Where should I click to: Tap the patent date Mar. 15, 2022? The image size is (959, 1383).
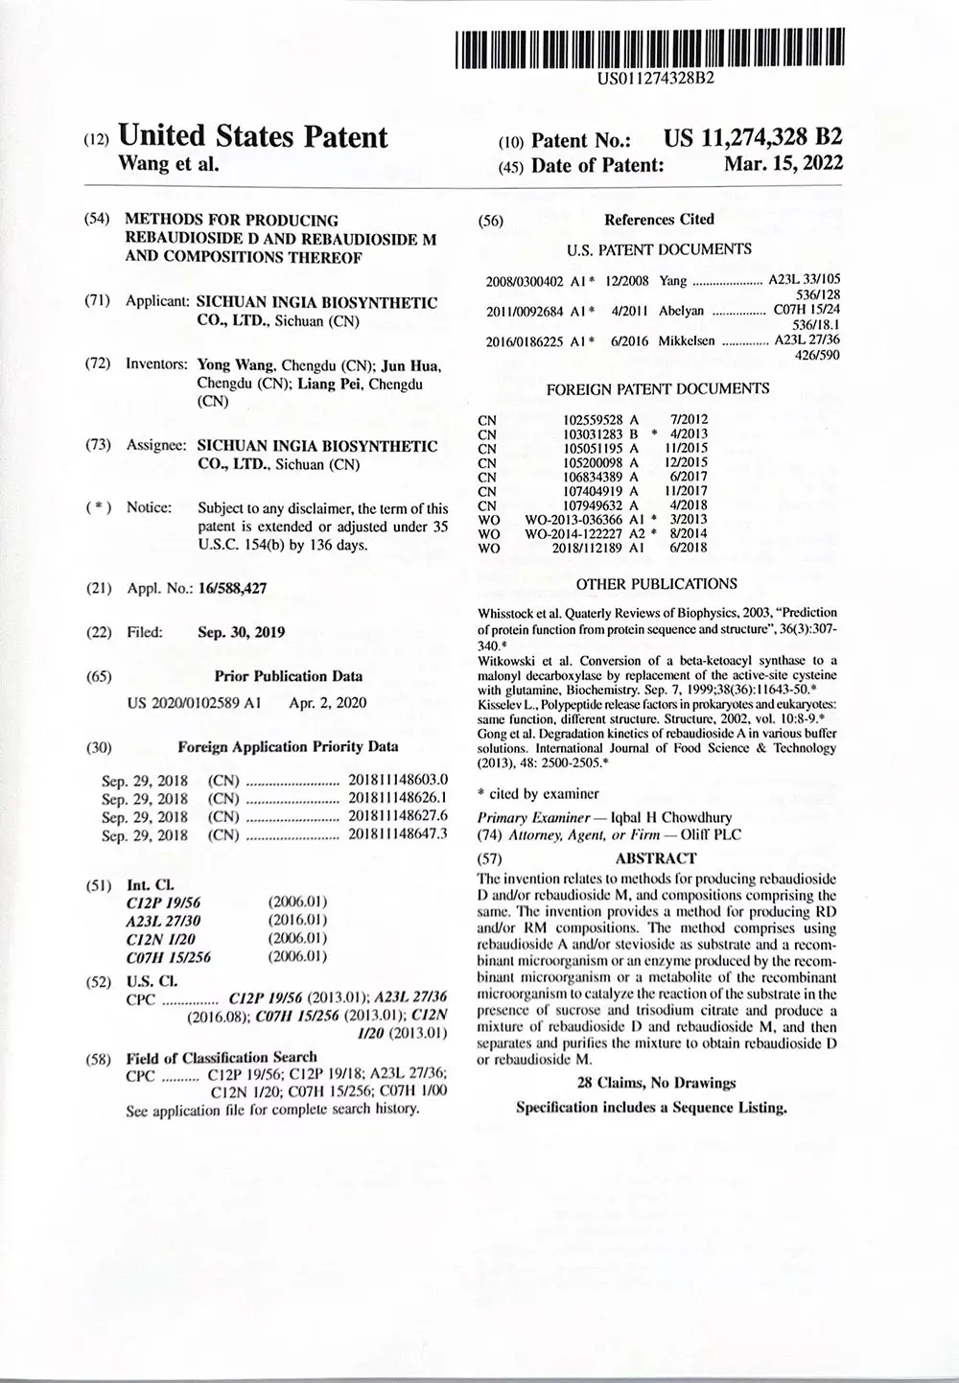(x=784, y=163)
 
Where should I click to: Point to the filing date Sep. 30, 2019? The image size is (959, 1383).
(x=241, y=633)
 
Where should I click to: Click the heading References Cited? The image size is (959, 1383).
(x=659, y=219)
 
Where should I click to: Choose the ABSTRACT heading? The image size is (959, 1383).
(x=656, y=858)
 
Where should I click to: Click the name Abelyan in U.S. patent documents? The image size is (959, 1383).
(x=682, y=311)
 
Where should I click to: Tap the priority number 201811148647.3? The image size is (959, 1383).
(x=397, y=834)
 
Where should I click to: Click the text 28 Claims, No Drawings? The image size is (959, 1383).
(x=656, y=1083)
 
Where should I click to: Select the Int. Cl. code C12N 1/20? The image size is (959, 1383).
(x=158, y=938)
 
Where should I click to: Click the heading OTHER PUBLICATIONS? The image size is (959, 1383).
(x=657, y=583)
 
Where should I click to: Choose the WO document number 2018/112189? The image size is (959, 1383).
(x=588, y=548)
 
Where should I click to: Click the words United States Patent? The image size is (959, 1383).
(x=252, y=137)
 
